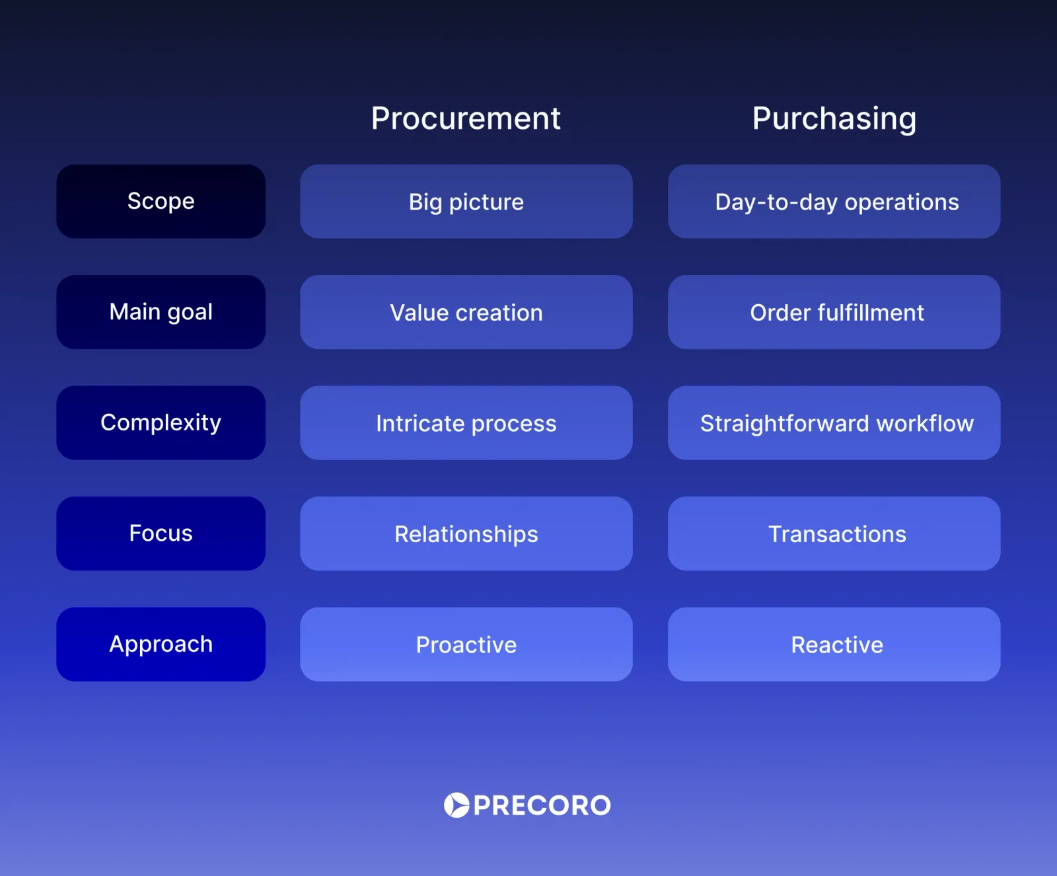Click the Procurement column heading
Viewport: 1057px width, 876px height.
tap(466, 119)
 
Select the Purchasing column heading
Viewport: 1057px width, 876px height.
tap(834, 119)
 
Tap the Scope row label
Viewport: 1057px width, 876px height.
tap(161, 201)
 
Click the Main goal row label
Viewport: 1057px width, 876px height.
tap(161, 312)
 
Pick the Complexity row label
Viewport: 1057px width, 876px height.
tap(161, 422)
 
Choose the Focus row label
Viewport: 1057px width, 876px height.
tap(161, 534)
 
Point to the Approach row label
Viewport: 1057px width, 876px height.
tap(161, 644)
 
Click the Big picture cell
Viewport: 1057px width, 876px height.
tap(466, 202)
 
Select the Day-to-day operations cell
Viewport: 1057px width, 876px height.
tap(834, 202)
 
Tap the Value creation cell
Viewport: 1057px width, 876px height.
tap(466, 312)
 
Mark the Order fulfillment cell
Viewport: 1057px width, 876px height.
tap(834, 312)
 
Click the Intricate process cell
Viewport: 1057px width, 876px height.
tap(466, 423)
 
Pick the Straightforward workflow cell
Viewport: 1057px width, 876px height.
tap(834, 423)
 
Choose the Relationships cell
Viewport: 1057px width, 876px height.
tap(466, 534)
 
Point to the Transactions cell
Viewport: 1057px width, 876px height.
tap(834, 534)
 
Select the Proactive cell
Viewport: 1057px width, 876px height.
tap(466, 645)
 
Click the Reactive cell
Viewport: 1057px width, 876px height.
tap(834, 645)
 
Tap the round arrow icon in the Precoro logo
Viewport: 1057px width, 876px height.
tap(456, 805)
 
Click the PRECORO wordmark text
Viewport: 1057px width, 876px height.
tap(542, 806)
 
